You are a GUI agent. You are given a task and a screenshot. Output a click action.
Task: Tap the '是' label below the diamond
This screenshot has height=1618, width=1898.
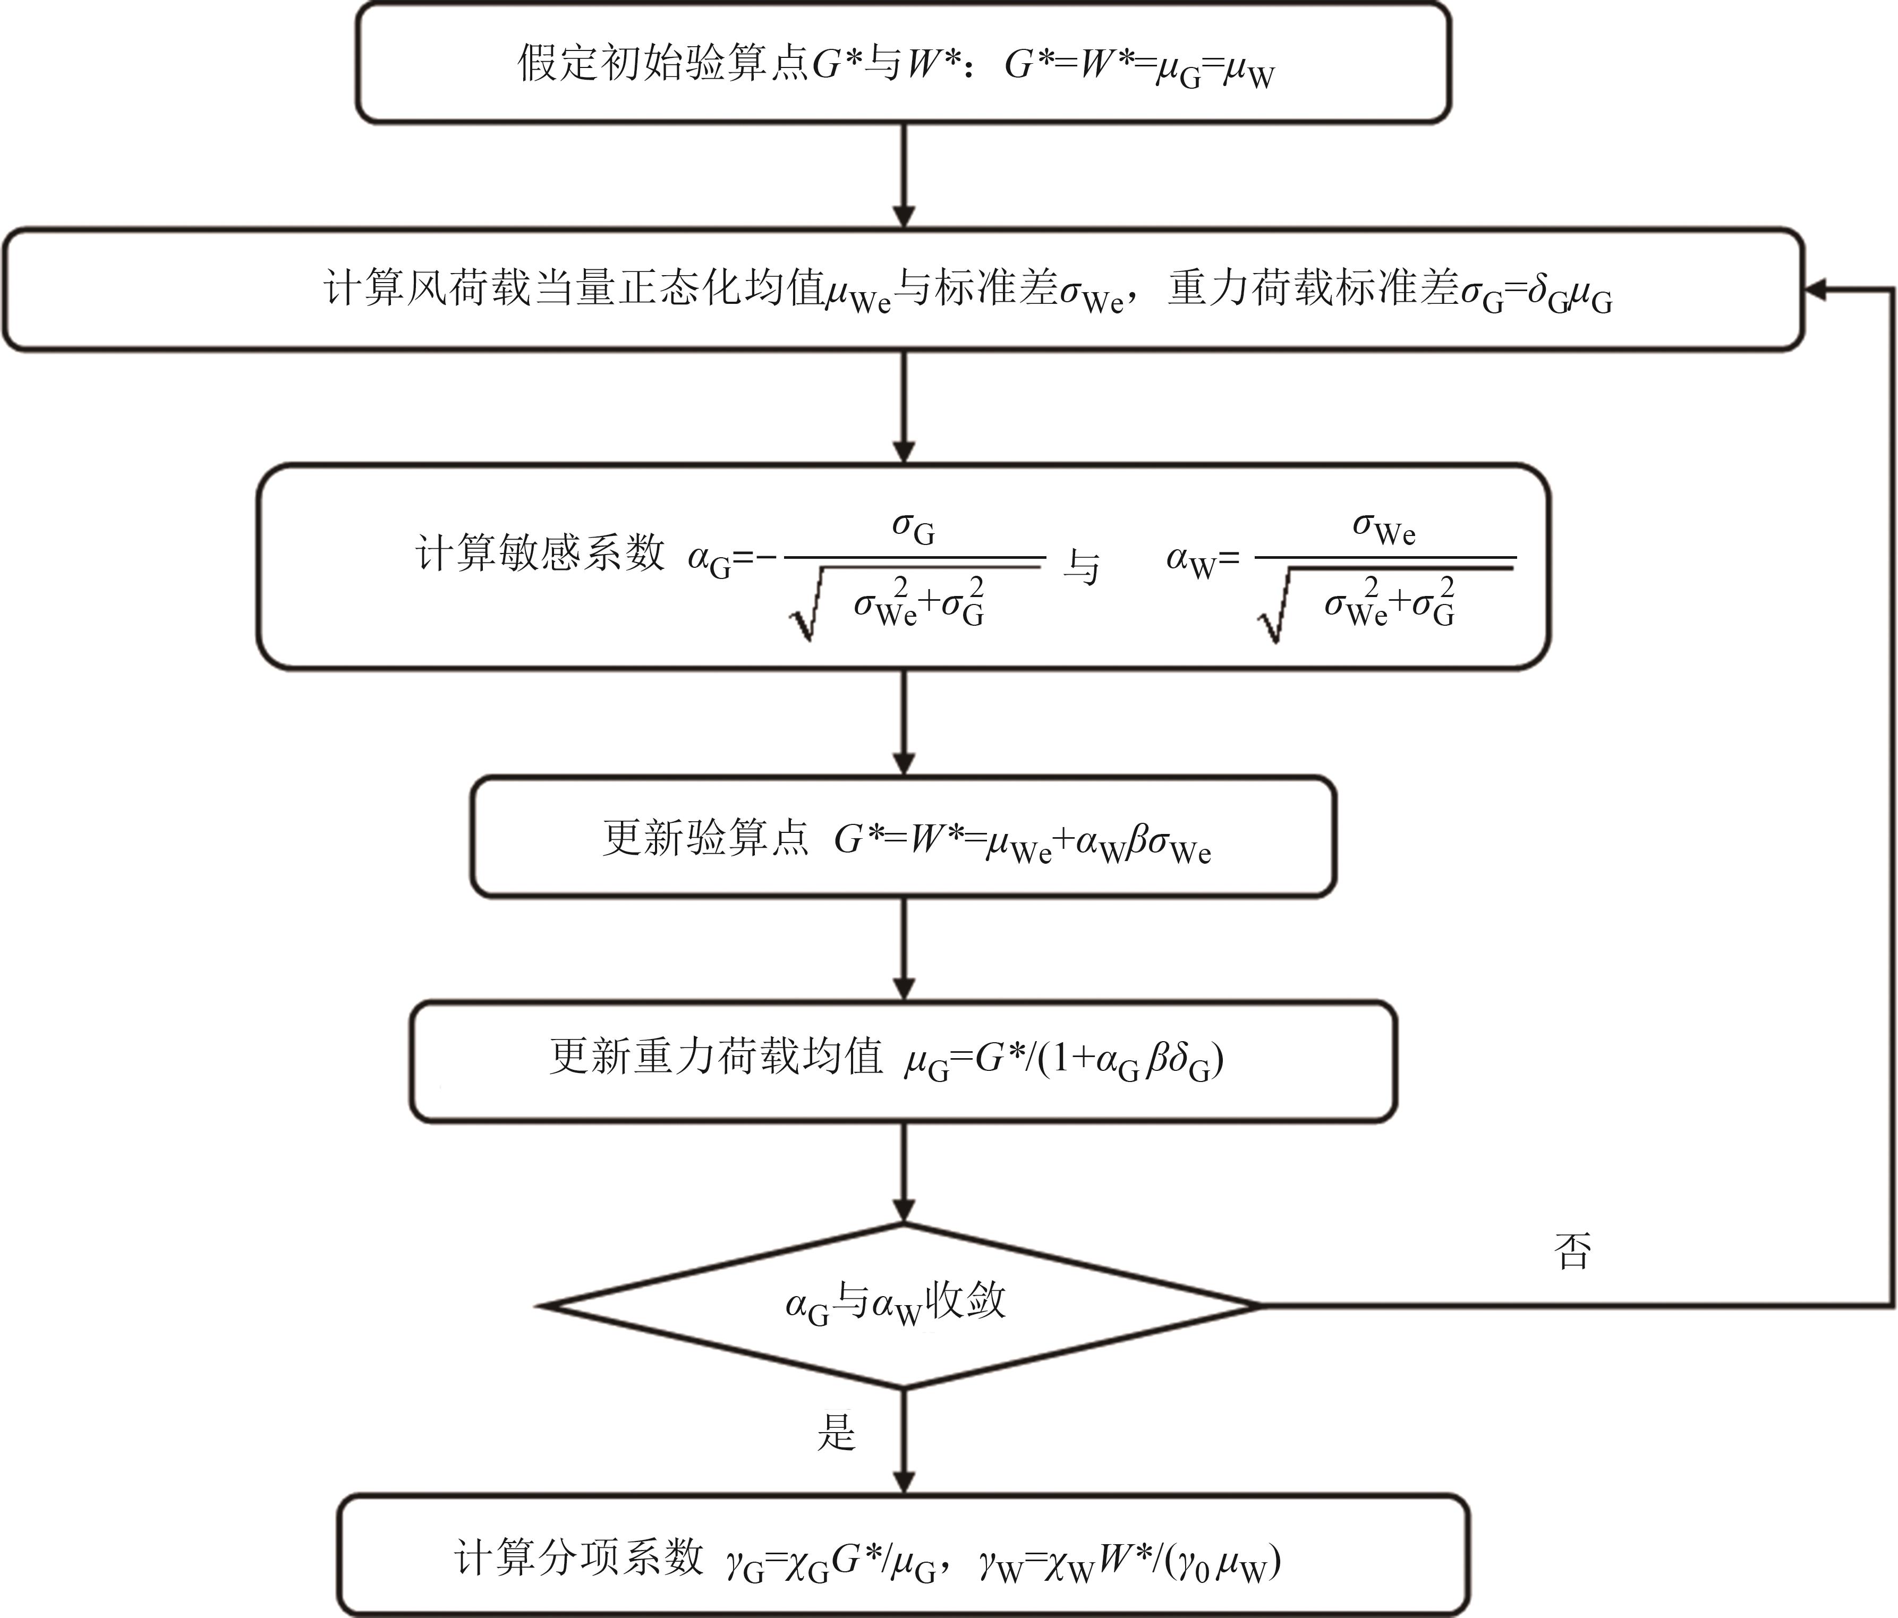tap(836, 1431)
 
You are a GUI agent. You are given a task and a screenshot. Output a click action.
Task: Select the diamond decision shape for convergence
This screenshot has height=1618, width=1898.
tap(903, 1306)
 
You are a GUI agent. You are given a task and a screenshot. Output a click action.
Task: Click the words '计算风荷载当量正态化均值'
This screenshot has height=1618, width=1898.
tap(573, 288)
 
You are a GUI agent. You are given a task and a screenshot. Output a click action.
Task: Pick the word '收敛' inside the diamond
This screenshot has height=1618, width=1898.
tap(966, 1300)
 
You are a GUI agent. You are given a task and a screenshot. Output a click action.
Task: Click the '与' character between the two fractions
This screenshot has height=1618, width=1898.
tap(1081, 567)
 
